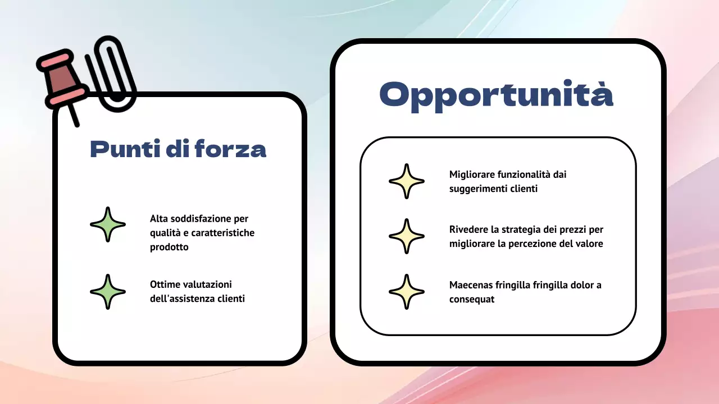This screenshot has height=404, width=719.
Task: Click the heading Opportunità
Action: click(496, 95)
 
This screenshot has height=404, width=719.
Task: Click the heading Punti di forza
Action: click(178, 150)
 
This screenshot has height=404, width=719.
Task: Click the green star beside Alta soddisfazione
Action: click(108, 224)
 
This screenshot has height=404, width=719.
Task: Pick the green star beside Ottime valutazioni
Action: click(108, 292)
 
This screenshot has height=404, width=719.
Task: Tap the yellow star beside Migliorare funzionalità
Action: click(407, 181)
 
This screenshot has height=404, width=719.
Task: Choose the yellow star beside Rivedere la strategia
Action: click(407, 236)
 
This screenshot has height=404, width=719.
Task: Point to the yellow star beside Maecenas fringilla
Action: click(407, 292)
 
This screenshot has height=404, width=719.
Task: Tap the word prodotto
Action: click(169, 247)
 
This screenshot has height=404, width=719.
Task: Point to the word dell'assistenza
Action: click(181, 299)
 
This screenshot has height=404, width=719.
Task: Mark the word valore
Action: click(589, 244)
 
